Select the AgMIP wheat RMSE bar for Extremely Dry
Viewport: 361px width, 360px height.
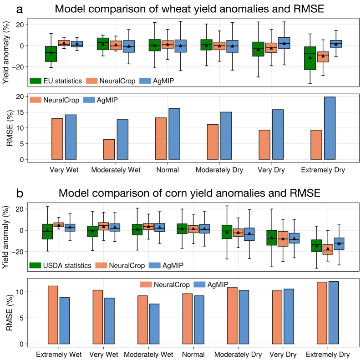click(x=329, y=128)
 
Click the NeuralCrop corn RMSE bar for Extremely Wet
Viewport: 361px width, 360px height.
click(x=53, y=315)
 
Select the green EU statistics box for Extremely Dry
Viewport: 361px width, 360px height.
click(x=310, y=58)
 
